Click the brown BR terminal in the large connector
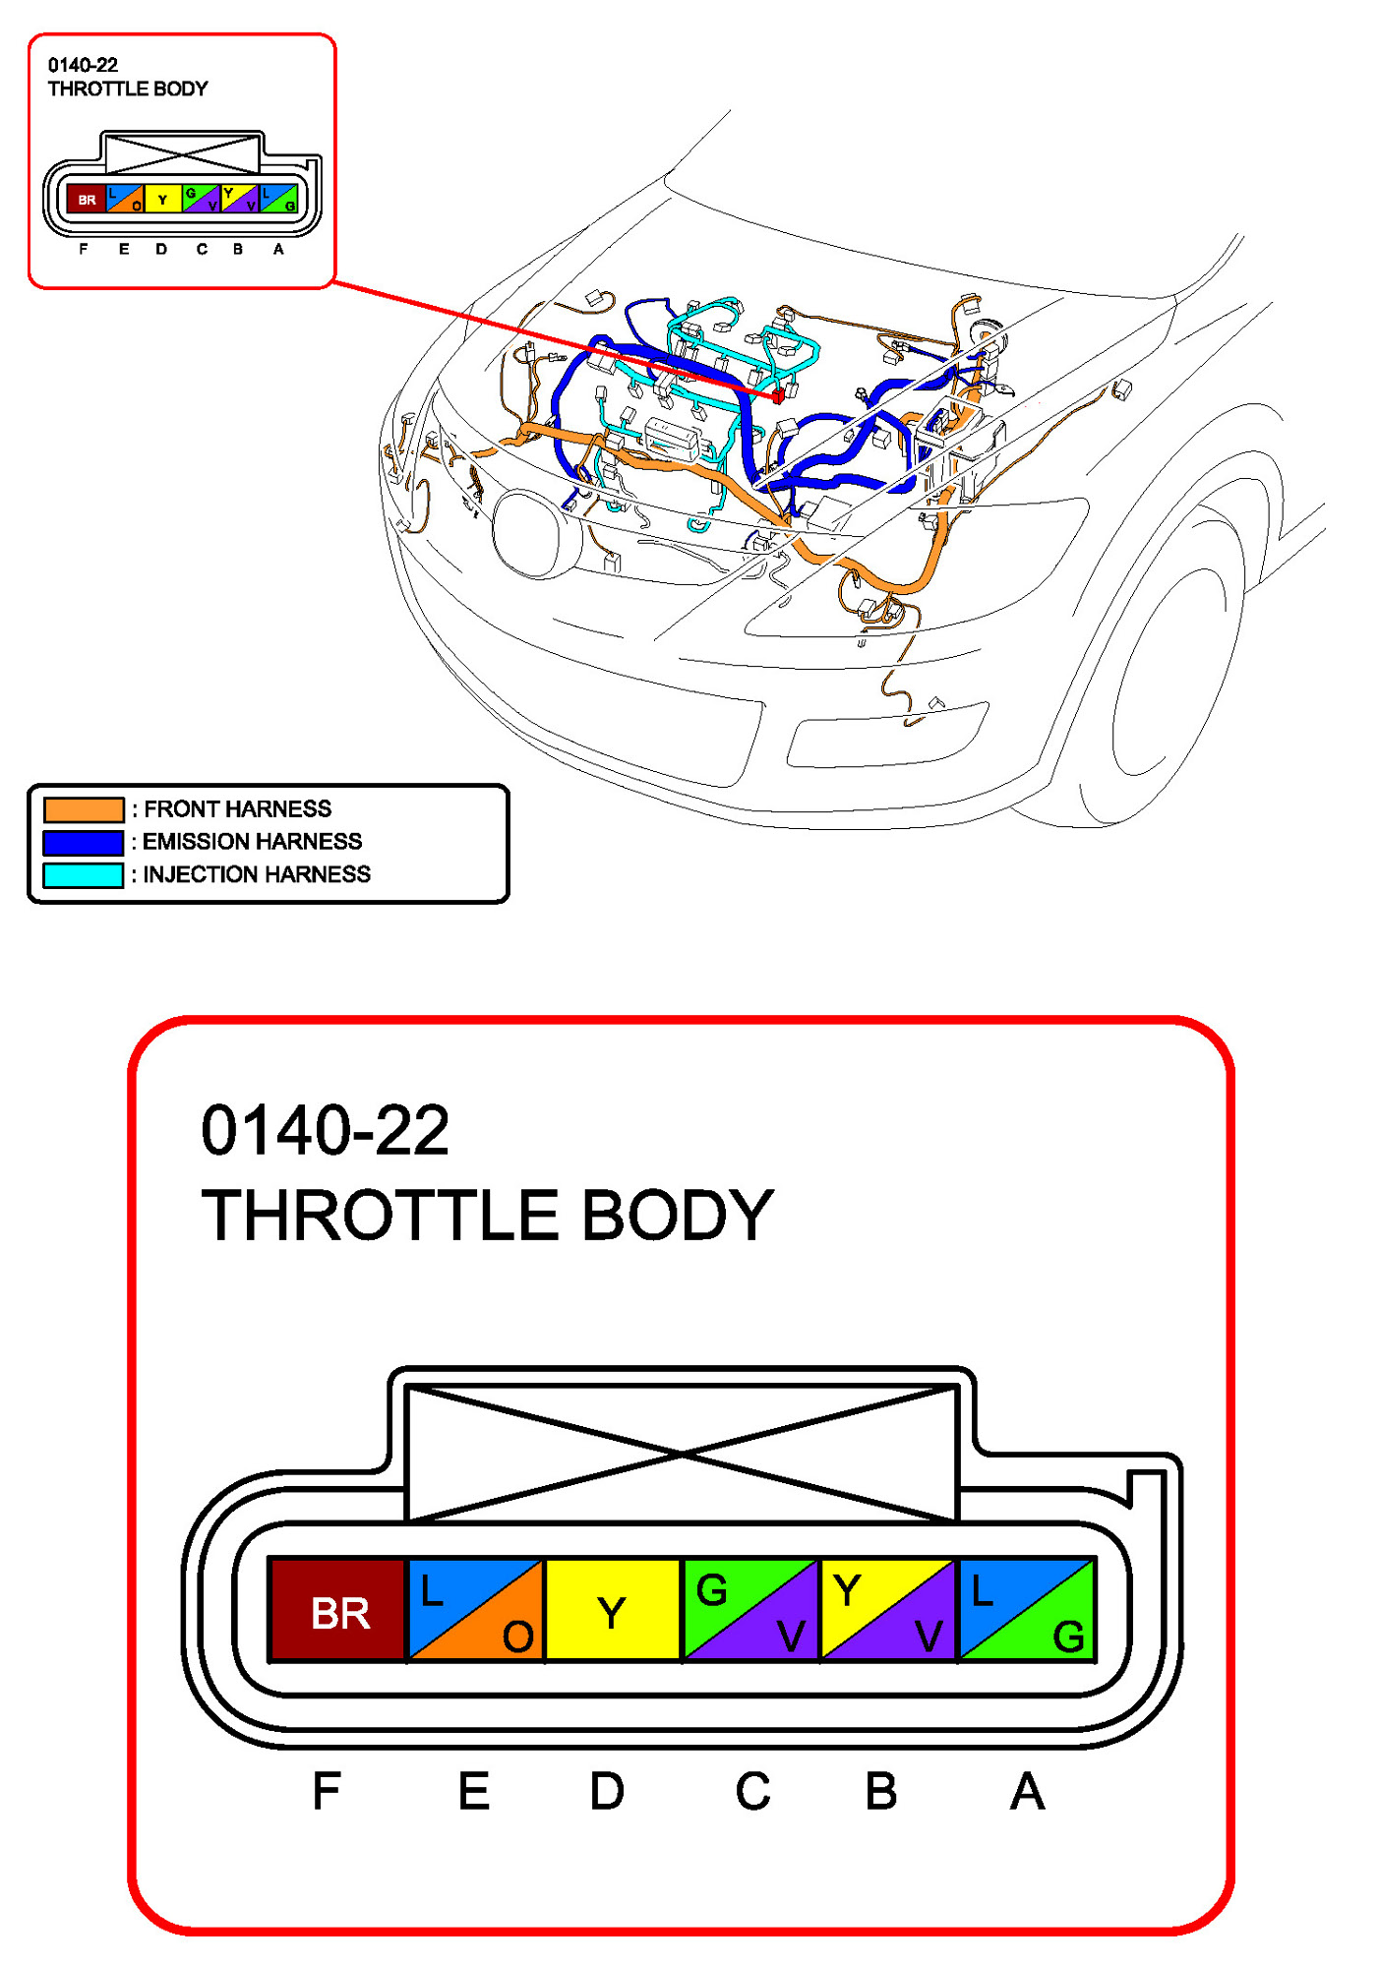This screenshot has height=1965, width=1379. pyautogui.click(x=337, y=1610)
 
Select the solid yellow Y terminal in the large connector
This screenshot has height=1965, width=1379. pyautogui.click(x=612, y=1610)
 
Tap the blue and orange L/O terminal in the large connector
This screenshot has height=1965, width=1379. pyautogui.click(x=475, y=1610)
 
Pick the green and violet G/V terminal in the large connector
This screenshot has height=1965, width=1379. pyautogui.click(x=749, y=1610)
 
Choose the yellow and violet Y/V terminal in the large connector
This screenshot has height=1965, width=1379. pyautogui.click(x=887, y=1610)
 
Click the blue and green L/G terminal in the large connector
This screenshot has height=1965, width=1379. pyautogui.click(x=1026, y=1610)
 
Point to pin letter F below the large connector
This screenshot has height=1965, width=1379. pyautogui.click(x=326, y=1791)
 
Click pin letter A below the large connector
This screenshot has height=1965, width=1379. pyautogui.click(x=1027, y=1791)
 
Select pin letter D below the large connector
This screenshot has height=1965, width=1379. pyautogui.click(x=606, y=1791)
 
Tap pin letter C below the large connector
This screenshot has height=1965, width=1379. pyautogui.click(x=752, y=1791)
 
